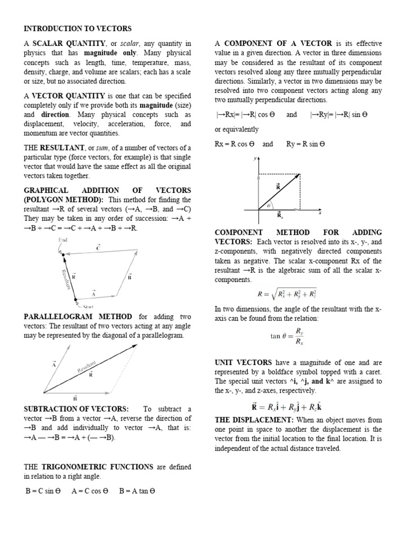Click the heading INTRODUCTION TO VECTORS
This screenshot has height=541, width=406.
click(78, 28)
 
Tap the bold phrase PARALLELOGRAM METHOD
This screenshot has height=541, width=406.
click(79, 316)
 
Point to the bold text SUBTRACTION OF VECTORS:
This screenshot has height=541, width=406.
click(76, 409)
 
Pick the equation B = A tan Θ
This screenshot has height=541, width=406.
click(137, 490)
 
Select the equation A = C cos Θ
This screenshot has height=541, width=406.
click(90, 490)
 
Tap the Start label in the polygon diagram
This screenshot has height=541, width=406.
click(88, 306)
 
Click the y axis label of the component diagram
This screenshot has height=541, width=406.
click(255, 158)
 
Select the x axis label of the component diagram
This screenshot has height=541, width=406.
click(320, 213)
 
